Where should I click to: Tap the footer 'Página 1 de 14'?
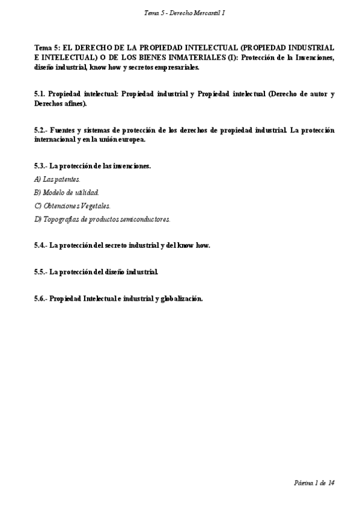click(314, 482)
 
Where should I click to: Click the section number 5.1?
click(40, 94)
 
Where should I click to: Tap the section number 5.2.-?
click(41, 130)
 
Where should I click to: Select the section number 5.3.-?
click(41, 165)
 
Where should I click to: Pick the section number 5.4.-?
click(41, 245)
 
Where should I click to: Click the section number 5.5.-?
click(41, 272)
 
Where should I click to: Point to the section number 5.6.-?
click(41, 298)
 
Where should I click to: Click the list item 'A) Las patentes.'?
click(57, 179)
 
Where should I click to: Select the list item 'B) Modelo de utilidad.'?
click(66, 192)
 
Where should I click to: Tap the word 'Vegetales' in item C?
click(93, 206)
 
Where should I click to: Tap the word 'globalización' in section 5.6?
click(182, 298)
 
